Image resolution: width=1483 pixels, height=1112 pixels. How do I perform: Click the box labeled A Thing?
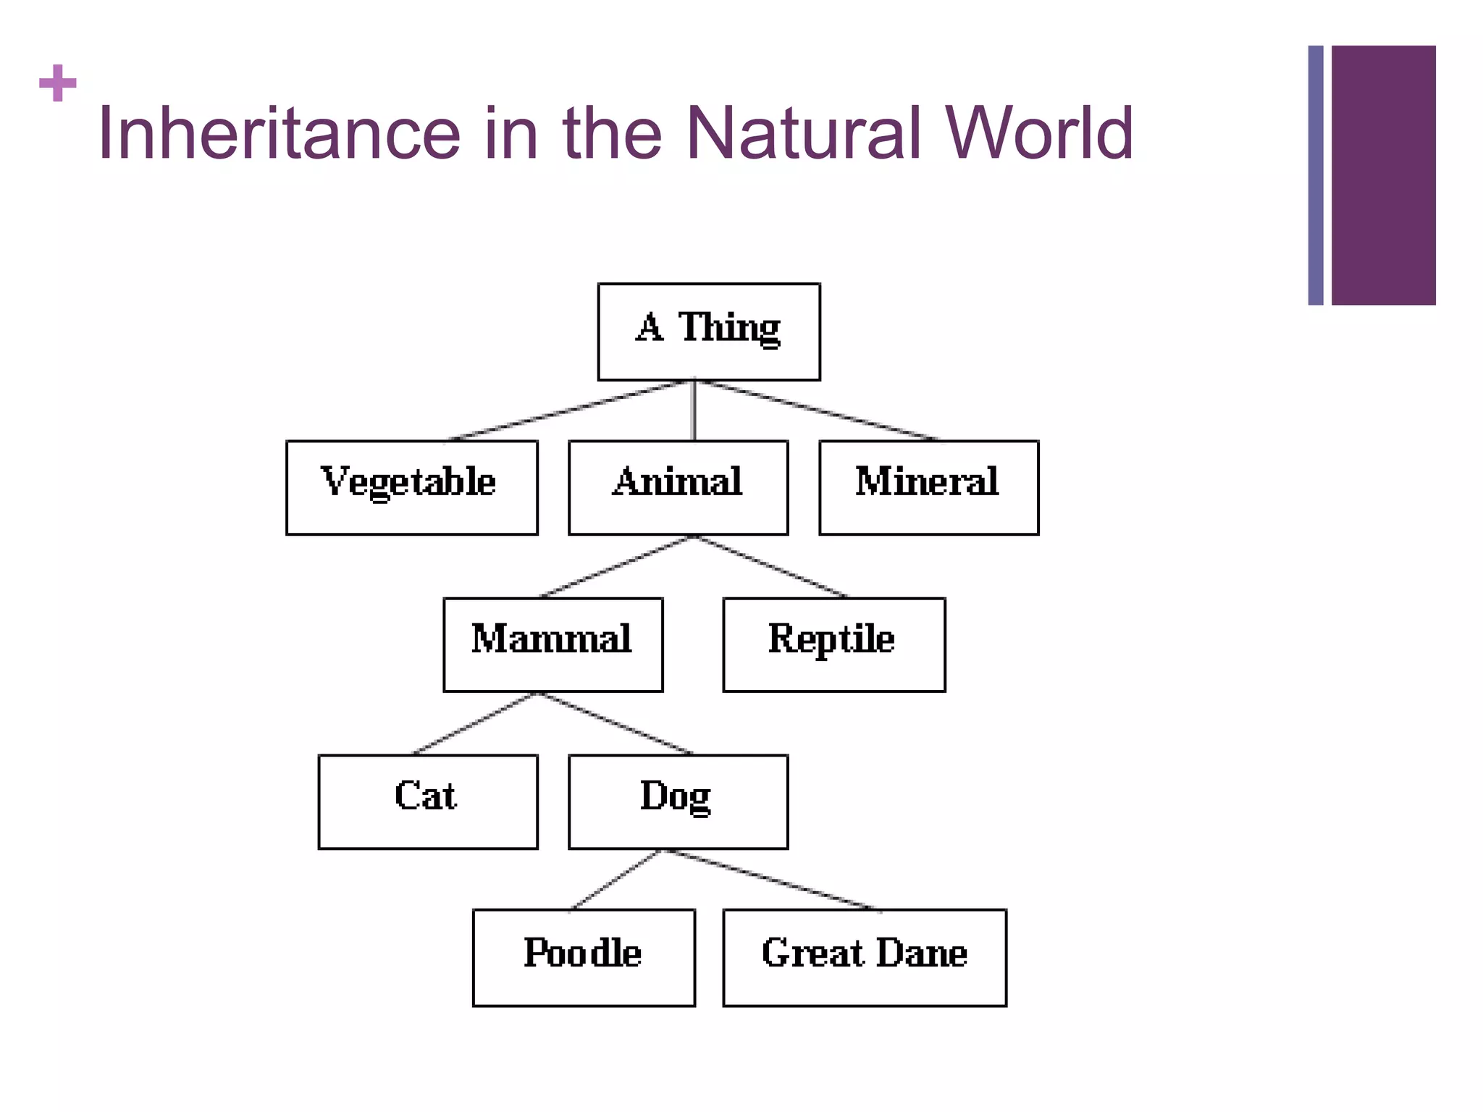click(708, 332)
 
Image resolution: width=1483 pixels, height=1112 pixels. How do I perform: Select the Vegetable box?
click(411, 487)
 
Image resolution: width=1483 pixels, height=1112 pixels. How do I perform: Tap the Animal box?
click(678, 487)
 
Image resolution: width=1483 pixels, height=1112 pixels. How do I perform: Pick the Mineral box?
click(928, 487)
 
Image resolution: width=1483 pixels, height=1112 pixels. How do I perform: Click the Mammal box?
click(553, 644)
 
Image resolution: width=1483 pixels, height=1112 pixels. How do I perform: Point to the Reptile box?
click(833, 644)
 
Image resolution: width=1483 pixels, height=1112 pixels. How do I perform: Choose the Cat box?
click(427, 801)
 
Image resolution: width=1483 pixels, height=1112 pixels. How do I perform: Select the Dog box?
click(678, 801)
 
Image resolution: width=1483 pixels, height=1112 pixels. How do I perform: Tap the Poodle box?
click(584, 957)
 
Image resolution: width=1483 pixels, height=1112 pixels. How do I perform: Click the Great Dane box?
click(864, 957)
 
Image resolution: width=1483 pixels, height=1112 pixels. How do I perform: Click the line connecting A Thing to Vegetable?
click(568, 410)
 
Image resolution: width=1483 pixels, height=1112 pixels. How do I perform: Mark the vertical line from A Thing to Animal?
click(694, 410)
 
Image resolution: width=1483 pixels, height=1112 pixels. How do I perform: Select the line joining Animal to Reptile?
click(772, 567)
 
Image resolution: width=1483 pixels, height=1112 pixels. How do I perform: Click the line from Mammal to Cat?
click(474, 723)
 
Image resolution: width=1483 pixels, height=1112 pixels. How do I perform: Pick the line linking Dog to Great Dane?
click(771, 880)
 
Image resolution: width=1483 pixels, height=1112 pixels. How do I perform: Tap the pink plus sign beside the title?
click(58, 83)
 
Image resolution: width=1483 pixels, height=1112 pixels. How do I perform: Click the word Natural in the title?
click(803, 133)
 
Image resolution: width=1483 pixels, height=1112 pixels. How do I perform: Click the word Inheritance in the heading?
click(279, 133)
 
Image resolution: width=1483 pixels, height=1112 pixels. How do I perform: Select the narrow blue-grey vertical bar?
click(1315, 175)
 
